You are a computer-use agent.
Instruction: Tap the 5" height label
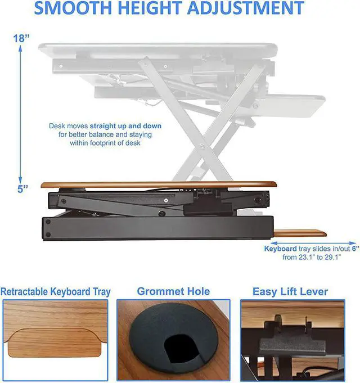[x=23, y=188]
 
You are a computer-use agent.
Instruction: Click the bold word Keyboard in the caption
[x=281, y=249]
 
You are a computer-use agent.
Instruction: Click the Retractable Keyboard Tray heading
[x=56, y=291]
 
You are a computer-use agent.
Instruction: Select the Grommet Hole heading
[x=173, y=291]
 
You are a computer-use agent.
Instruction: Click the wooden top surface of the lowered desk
[x=157, y=184]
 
